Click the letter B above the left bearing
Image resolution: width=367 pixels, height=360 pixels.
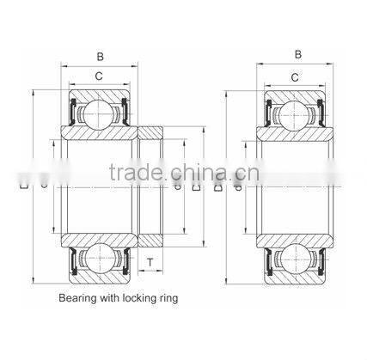tap(100, 58)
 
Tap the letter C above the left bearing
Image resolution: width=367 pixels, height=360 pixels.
tap(100, 76)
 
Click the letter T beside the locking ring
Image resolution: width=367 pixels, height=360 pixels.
tap(150, 262)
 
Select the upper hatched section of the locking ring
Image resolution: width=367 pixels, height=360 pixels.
tap(150, 132)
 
